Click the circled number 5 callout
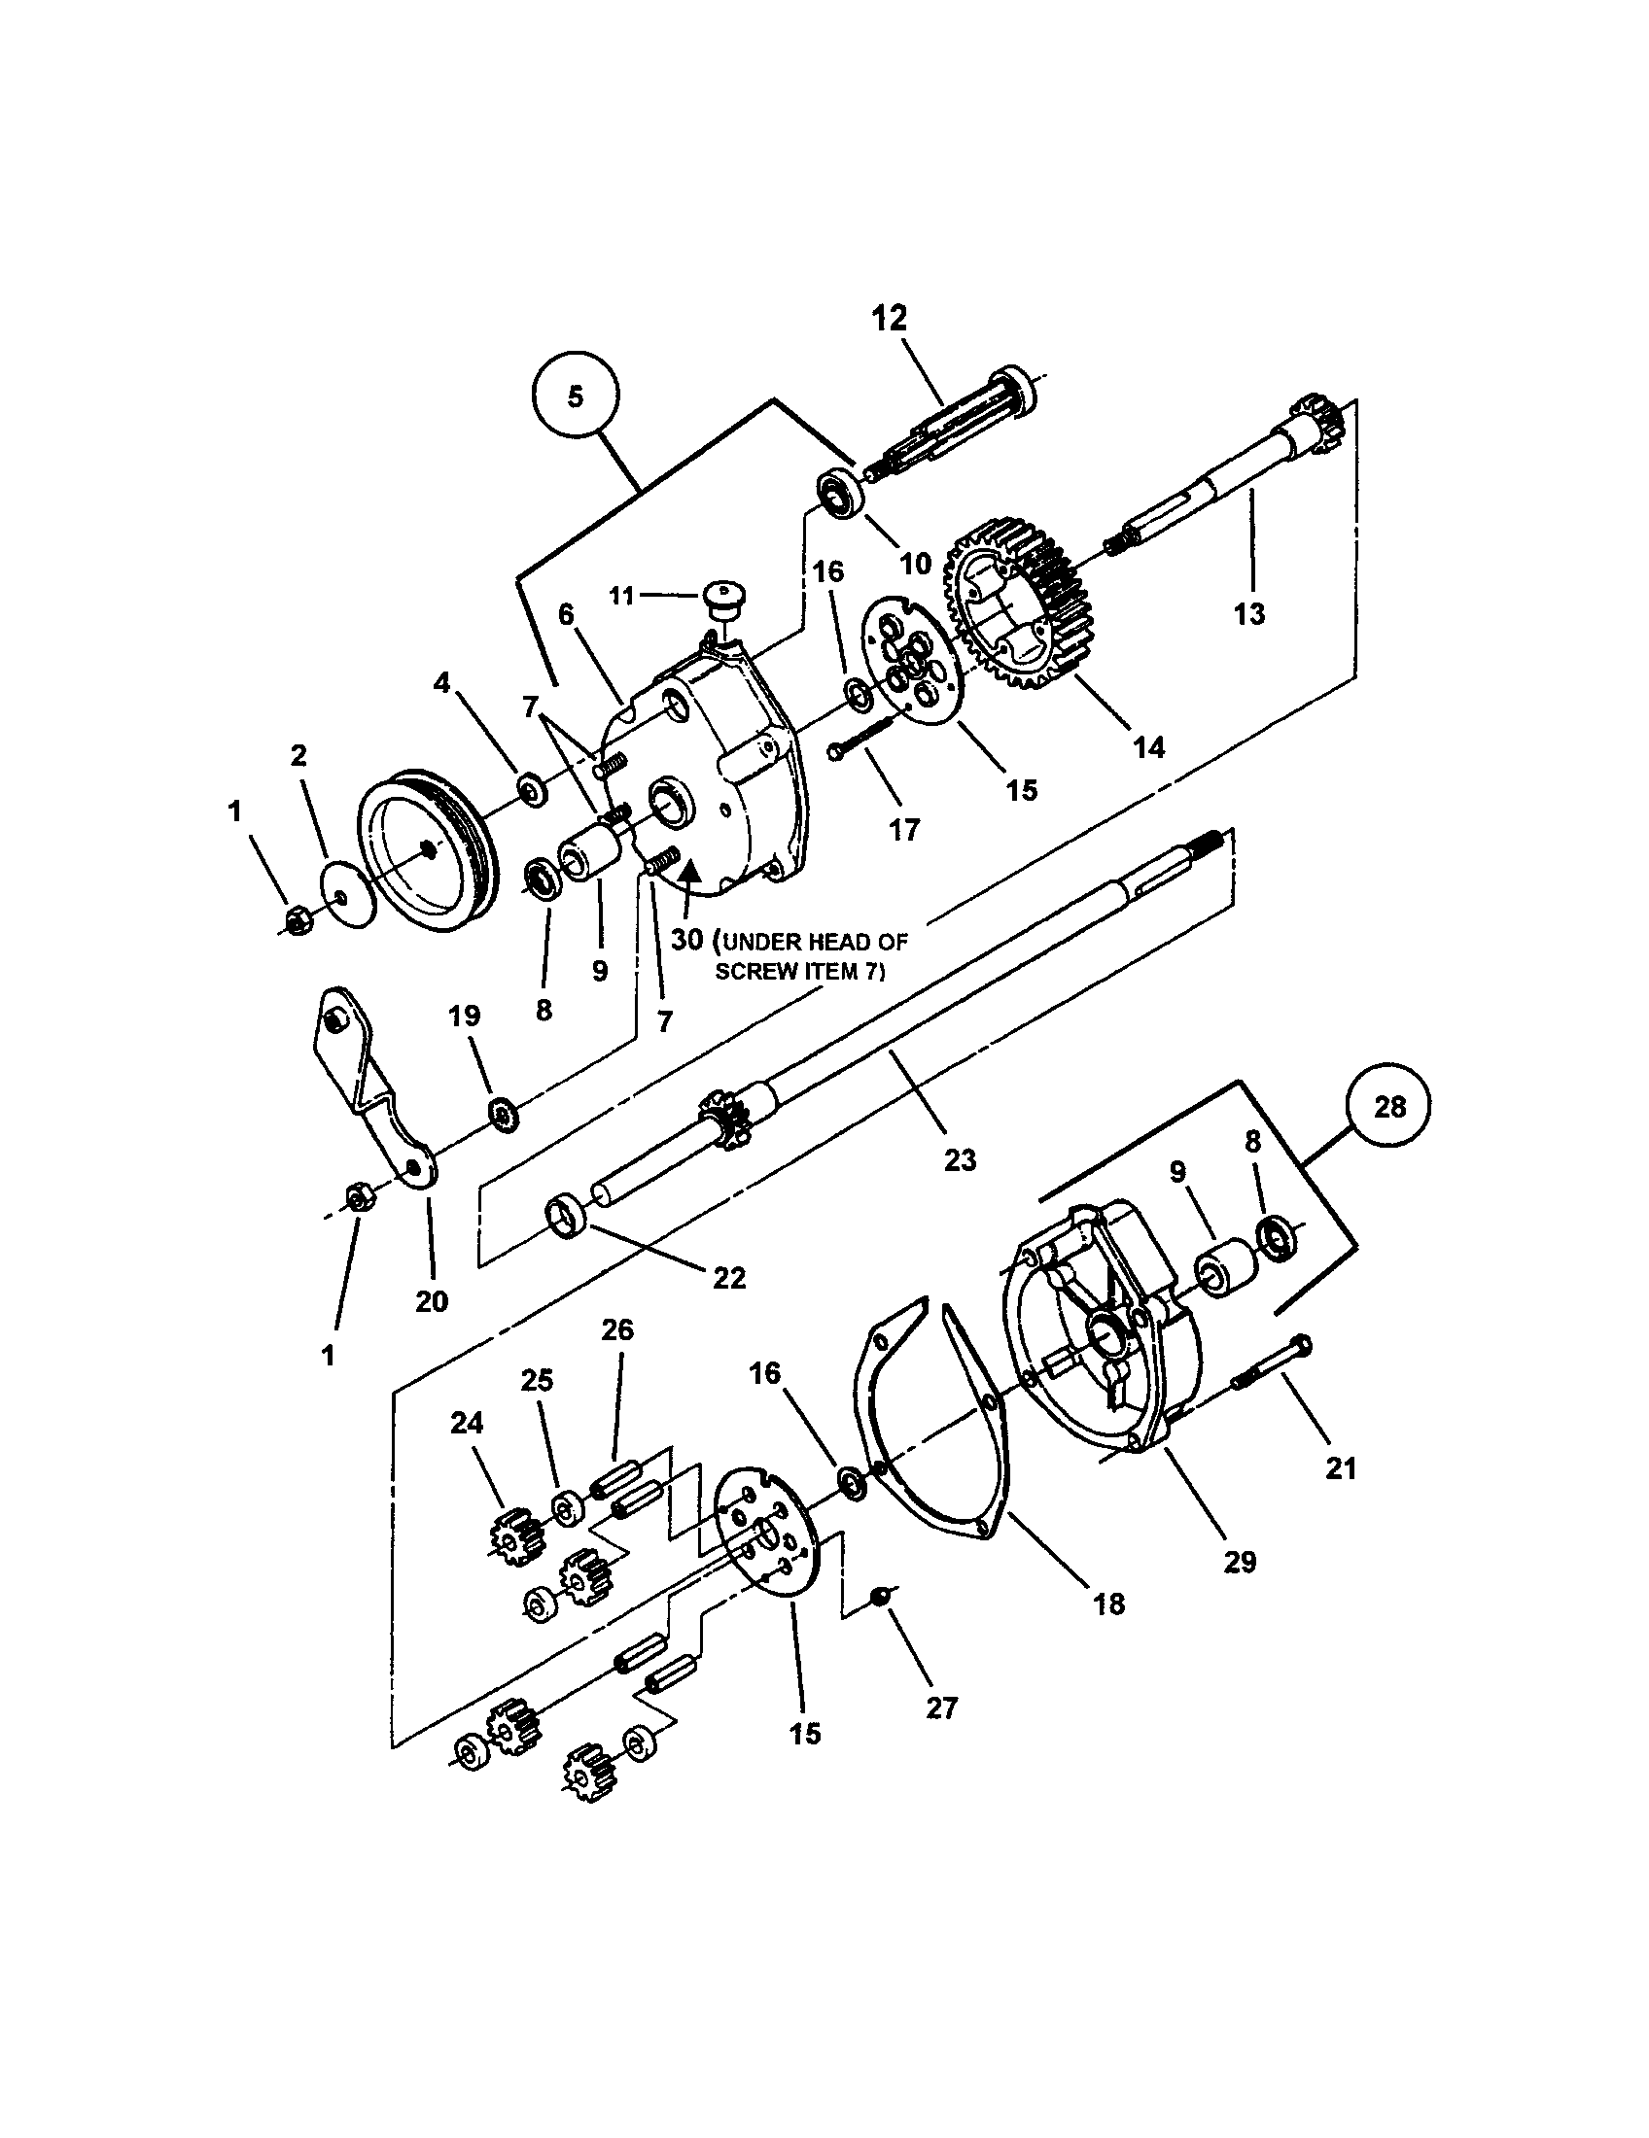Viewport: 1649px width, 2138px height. point(575,396)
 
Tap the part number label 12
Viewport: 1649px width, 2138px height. point(889,318)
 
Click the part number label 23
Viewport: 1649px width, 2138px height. point(960,1160)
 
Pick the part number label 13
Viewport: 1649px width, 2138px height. point(1249,614)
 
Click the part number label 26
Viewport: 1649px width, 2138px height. point(617,1330)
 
